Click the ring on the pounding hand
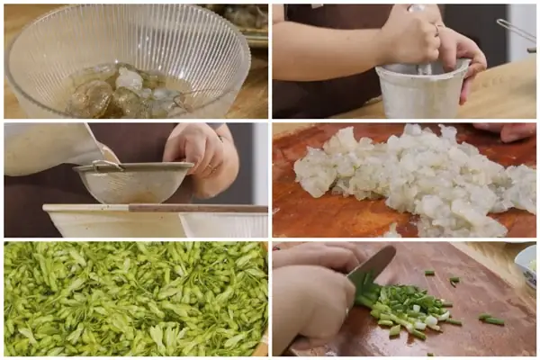tap(439, 29)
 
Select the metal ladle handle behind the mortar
tap(518, 31)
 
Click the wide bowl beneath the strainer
tap(153, 221)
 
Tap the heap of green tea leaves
tap(135, 297)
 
